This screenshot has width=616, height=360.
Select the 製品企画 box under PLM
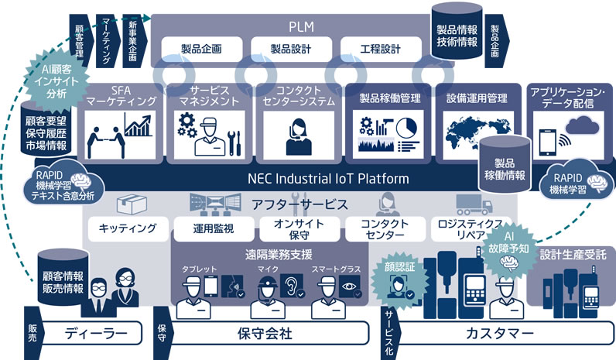click(202, 50)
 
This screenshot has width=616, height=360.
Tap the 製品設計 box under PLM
click(290, 50)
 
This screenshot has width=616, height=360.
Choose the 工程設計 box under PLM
click(381, 50)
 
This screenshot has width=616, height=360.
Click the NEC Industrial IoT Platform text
click(328, 179)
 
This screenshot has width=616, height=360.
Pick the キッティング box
click(123, 228)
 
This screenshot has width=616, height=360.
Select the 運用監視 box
click(213, 228)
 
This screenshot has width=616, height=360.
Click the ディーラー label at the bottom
click(93, 334)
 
